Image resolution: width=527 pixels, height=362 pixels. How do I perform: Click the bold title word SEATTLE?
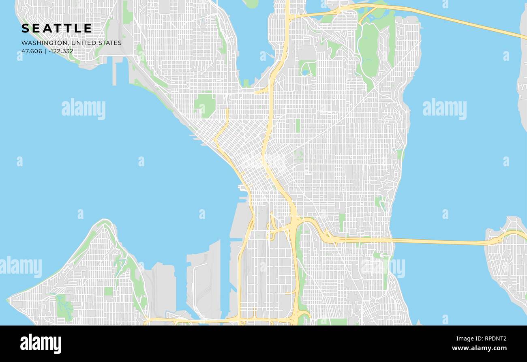pos(57,28)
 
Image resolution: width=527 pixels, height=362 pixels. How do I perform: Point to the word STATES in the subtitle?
pos(109,43)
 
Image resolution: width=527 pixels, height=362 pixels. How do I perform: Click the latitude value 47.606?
pos(32,51)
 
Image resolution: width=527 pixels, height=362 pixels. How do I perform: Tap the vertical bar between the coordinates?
pos(45,51)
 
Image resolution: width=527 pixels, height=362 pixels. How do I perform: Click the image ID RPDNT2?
pos(493,339)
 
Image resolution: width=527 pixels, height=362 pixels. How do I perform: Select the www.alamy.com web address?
pos(479,348)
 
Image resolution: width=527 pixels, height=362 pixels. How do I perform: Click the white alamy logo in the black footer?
pos(41,344)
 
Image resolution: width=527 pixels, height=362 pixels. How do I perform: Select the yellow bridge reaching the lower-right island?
pos(446,242)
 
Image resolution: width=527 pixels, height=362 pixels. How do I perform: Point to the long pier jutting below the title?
pos(114,73)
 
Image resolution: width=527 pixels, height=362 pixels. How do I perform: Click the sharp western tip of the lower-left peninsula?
pos(8,300)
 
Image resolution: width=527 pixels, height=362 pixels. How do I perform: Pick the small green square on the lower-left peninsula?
pos(108,291)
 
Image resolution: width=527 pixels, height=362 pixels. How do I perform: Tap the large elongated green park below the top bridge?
pos(369,51)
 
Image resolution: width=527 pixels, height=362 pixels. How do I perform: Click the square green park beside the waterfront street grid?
pos(205,105)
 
